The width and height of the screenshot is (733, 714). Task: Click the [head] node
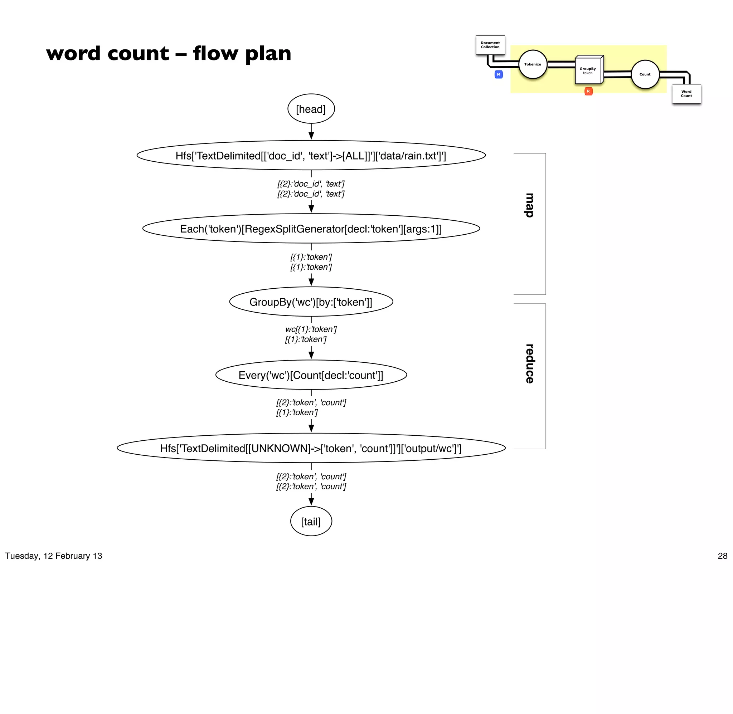(311, 109)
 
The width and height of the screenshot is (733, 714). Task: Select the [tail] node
(311, 521)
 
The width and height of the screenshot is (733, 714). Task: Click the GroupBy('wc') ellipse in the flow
(311, 302)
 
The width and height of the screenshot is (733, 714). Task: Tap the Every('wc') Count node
(311, 375)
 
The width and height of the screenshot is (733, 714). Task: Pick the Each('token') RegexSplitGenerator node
(311, 229)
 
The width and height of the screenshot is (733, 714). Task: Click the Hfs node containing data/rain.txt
(311, 156)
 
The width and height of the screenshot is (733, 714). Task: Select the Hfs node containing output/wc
(311, 448)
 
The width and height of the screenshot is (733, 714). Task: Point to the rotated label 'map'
(529, 205)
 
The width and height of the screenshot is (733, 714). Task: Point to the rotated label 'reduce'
(529, 363)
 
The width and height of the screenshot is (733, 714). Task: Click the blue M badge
(499, 74)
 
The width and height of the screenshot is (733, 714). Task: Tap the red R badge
(588, 91)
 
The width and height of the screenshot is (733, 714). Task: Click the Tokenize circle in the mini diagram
(533, 64)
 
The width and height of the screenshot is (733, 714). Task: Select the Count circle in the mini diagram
(645, 74)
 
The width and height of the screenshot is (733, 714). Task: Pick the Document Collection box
(490, 45)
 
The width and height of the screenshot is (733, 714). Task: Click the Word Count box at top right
(686, 94)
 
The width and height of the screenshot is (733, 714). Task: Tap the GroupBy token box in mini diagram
(588, 70)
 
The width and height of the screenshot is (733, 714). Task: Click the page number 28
(722, 556)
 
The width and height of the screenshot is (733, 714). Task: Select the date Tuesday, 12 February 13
(54, 556)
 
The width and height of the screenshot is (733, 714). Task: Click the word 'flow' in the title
(215, 53)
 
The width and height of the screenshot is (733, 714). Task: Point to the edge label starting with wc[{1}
(311, 329)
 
